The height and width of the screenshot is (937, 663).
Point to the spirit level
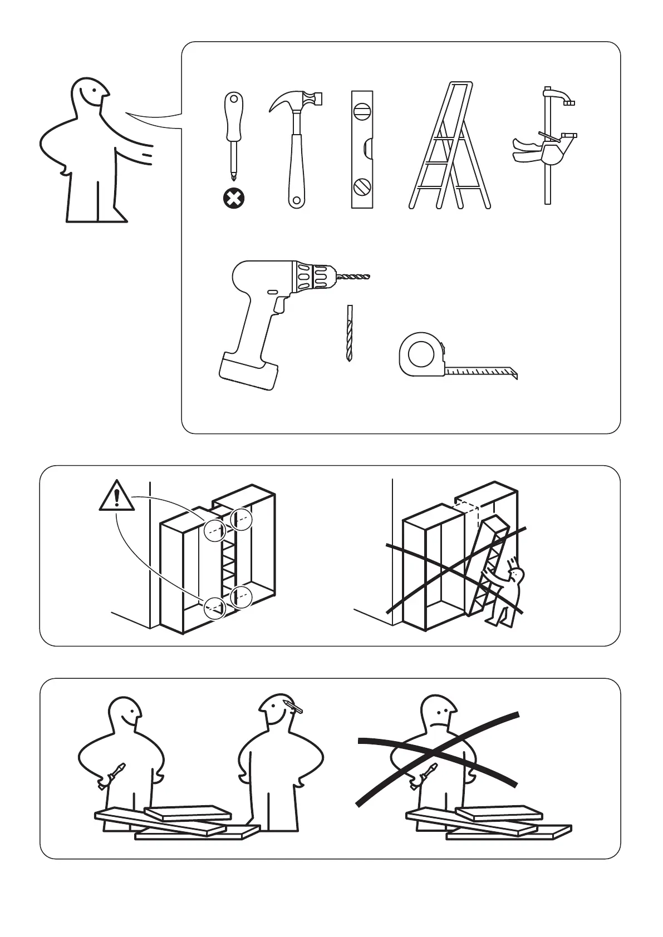tap(362, 149)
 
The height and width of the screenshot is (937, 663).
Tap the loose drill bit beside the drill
tap(349, 333)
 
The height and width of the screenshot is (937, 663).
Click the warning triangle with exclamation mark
tap(116, 497)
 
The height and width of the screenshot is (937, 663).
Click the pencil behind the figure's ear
tap(293, 707)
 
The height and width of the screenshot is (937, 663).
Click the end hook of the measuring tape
tap(514, 372)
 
